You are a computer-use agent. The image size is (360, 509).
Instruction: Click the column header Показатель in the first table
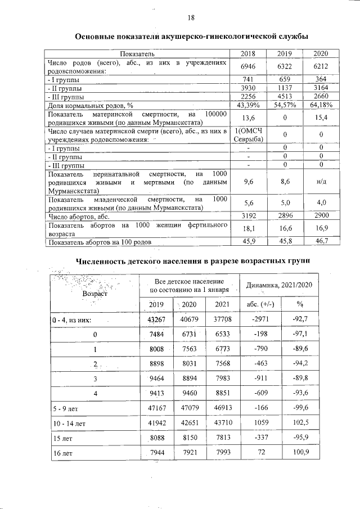[137, 53]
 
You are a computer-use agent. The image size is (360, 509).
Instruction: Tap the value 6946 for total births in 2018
[248, 66]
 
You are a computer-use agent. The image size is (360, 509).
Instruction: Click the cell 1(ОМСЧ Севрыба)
[248, 135]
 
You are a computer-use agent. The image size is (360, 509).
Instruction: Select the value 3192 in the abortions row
[248, 215]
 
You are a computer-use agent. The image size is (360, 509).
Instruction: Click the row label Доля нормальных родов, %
[90, 105]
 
